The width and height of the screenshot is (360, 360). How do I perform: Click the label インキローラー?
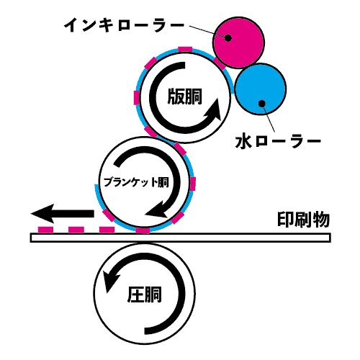point(124,25)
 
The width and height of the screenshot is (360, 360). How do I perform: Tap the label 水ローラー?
point(278,142)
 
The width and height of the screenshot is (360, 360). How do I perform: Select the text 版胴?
point(185,96)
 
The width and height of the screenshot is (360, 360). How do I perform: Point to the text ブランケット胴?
point(136,182)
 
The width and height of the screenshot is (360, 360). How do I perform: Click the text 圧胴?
point(145,294)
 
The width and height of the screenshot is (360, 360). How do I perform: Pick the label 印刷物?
point(304,219)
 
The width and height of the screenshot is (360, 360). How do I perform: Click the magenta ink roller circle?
point(238,42)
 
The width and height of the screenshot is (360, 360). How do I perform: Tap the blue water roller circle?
point(261,89)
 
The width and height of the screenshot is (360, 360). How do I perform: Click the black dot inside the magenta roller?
point(228,37)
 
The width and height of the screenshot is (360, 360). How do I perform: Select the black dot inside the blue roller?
point(262,104)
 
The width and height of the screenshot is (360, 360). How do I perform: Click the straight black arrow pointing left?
point(63,213)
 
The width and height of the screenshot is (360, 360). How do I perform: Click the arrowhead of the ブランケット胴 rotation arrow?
point(156,210)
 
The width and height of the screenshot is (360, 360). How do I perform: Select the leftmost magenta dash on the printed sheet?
point(45,230)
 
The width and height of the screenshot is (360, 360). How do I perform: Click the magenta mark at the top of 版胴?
point(185,50)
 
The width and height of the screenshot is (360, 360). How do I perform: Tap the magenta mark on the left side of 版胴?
point(137,98)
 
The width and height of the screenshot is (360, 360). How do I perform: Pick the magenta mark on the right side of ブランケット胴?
point(193,184)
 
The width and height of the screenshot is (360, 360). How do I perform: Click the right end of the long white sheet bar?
point(330,238)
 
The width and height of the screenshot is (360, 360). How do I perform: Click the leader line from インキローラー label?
point(207,32)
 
